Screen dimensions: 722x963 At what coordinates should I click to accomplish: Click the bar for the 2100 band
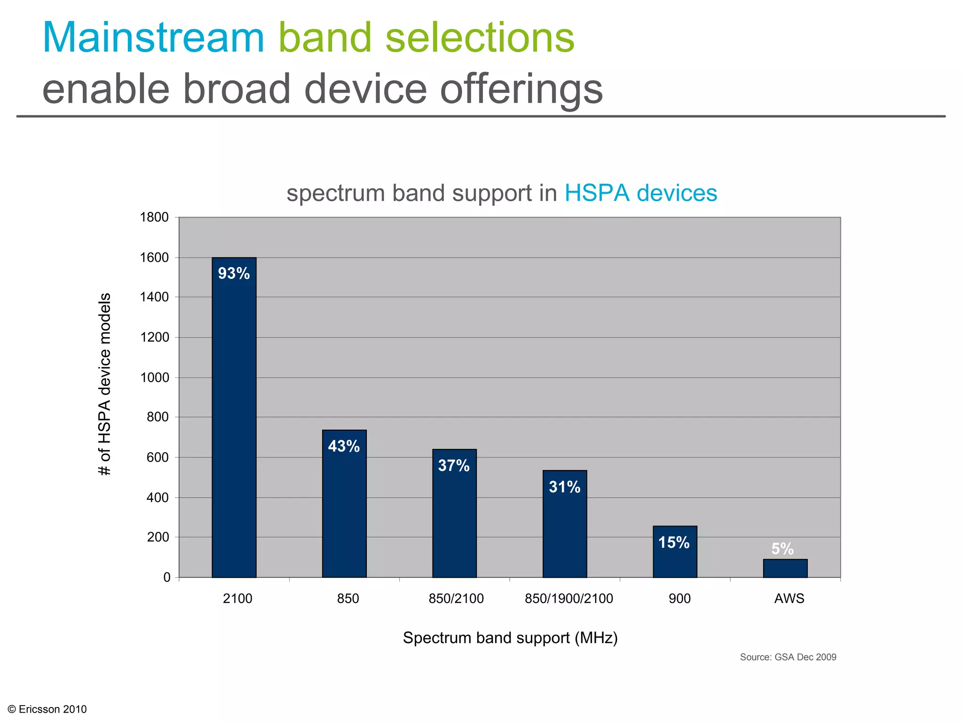point(234,418)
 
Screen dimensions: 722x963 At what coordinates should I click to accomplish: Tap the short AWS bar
point(785,568)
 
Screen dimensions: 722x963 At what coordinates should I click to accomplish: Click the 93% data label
point(234,274)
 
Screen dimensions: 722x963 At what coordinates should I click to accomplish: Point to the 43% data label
point(344,446)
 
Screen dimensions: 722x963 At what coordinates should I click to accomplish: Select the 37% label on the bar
point(454,466)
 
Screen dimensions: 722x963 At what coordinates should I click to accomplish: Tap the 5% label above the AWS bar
point(782,549)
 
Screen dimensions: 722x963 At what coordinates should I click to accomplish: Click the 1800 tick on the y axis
point(154,218)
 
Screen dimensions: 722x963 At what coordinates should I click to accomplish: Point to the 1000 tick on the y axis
point(154,377)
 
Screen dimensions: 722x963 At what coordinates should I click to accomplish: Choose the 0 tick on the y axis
point(166,577)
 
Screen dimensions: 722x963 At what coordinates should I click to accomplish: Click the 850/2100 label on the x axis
point(456,599)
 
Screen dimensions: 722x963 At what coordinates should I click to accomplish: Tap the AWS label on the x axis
point(789,599)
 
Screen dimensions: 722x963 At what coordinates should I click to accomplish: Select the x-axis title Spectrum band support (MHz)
point(510,638)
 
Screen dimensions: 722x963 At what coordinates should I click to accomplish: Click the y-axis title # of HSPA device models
point(105,384)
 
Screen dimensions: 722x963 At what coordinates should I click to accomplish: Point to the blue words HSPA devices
point(640,193)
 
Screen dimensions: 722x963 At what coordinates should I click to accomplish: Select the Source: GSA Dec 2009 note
point(788,657)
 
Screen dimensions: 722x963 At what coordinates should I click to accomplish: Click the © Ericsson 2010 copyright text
point(48,709)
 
